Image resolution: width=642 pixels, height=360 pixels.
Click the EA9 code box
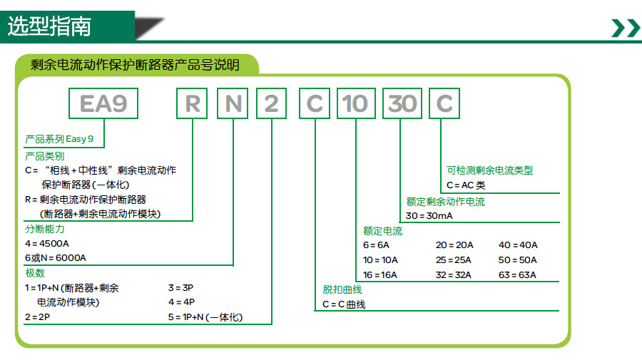point(103,104)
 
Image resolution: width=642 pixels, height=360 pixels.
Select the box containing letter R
point(192,104)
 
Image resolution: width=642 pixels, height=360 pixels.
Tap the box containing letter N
point(233,104)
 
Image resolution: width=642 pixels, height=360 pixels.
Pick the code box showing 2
point(272,104)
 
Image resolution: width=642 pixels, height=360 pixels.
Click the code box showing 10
point(355,104)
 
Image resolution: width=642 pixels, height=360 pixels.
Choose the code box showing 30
point(401,104)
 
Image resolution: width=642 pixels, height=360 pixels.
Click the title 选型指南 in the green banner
point(49,26)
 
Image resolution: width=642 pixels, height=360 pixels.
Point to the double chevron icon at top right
point(626,28)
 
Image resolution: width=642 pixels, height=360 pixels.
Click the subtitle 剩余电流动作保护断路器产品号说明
point(135,65)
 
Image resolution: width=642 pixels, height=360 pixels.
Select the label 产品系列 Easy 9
point(59,139)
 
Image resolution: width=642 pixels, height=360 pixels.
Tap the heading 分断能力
point(44,230)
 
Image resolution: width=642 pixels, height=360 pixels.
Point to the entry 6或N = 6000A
point(56,258)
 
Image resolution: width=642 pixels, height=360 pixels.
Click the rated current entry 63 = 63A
point(517,275)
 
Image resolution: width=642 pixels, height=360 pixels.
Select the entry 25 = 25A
point(455,260)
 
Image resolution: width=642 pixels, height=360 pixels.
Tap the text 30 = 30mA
point(429,216)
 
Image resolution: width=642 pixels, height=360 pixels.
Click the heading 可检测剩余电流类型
point(490,170)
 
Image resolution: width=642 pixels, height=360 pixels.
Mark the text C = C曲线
point(344,304)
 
